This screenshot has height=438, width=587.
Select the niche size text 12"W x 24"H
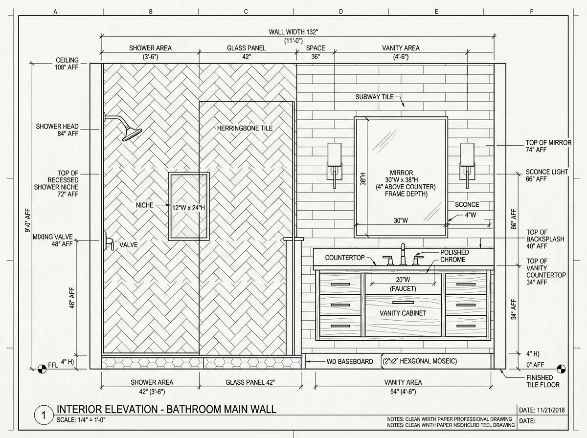[x=188, y=208]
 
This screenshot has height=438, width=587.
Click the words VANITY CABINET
[x=403, y=313]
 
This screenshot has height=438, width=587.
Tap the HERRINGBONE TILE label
[x=245, y=128]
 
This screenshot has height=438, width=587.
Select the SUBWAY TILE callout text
[x=374, y=97]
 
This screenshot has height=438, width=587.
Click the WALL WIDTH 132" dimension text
[x=293, y=32]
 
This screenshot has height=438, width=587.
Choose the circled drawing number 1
[x=44, y=415]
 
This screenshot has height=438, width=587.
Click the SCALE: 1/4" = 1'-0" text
[x=81, y=420]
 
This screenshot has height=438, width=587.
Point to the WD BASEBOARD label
[x=350, y=362]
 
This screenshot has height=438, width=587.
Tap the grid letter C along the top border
[x=246, y=12]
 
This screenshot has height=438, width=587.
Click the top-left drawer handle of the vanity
[x=340, y=284]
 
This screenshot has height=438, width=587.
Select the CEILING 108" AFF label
[x=67, y=64]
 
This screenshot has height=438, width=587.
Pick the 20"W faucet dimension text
[x=403, y=280]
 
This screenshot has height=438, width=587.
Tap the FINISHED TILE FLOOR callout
[x=543, y=381]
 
